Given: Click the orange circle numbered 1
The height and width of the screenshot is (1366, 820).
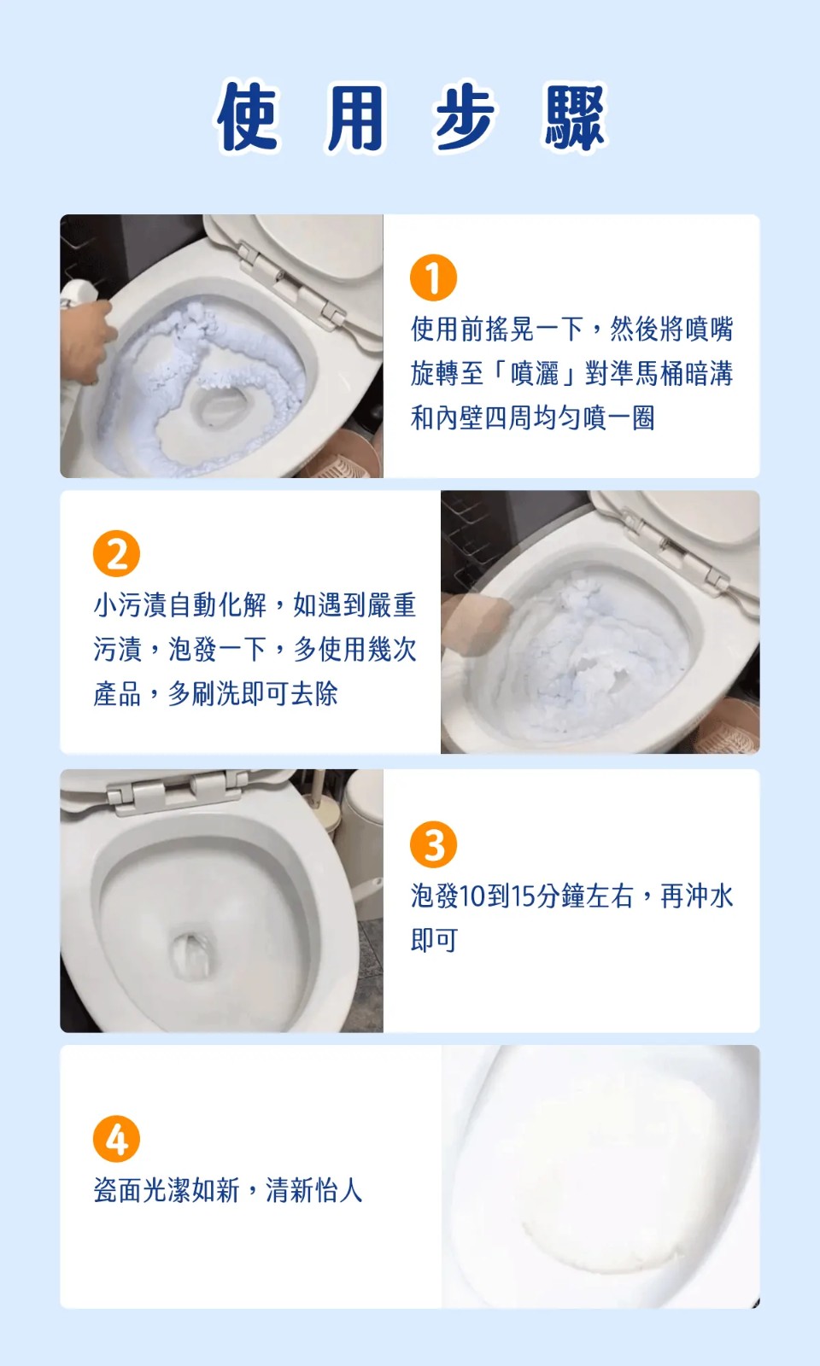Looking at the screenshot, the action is coord(433,277).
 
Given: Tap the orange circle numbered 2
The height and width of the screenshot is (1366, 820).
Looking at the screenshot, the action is coord(116,554).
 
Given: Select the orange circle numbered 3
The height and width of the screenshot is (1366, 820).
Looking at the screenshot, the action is coord(433,844).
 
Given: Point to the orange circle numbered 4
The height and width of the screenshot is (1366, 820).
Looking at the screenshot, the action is coord(116,1139).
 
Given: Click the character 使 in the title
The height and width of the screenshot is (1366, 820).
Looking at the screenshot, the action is coord(247,116).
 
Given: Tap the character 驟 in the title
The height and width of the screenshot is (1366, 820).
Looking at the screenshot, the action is coord(574,116).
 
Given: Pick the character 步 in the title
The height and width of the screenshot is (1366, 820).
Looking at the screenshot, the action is coord(465,116).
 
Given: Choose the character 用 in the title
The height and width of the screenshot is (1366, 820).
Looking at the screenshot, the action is coord(355,116).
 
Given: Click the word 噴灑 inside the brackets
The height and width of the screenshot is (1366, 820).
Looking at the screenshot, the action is coord(535,374).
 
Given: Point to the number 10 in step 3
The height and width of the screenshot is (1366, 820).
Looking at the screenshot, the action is coord(471,896).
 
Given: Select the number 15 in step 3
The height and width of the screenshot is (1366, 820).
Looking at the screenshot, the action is coord(524,896).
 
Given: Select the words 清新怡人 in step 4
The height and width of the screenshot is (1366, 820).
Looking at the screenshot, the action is coord(313,1190).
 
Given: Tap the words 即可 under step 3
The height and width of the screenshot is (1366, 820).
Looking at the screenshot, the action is coord(435,941).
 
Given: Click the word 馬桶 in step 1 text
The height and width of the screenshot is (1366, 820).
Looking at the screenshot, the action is coord(659,374).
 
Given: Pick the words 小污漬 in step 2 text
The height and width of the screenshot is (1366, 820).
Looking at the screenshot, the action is coord(130,605).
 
